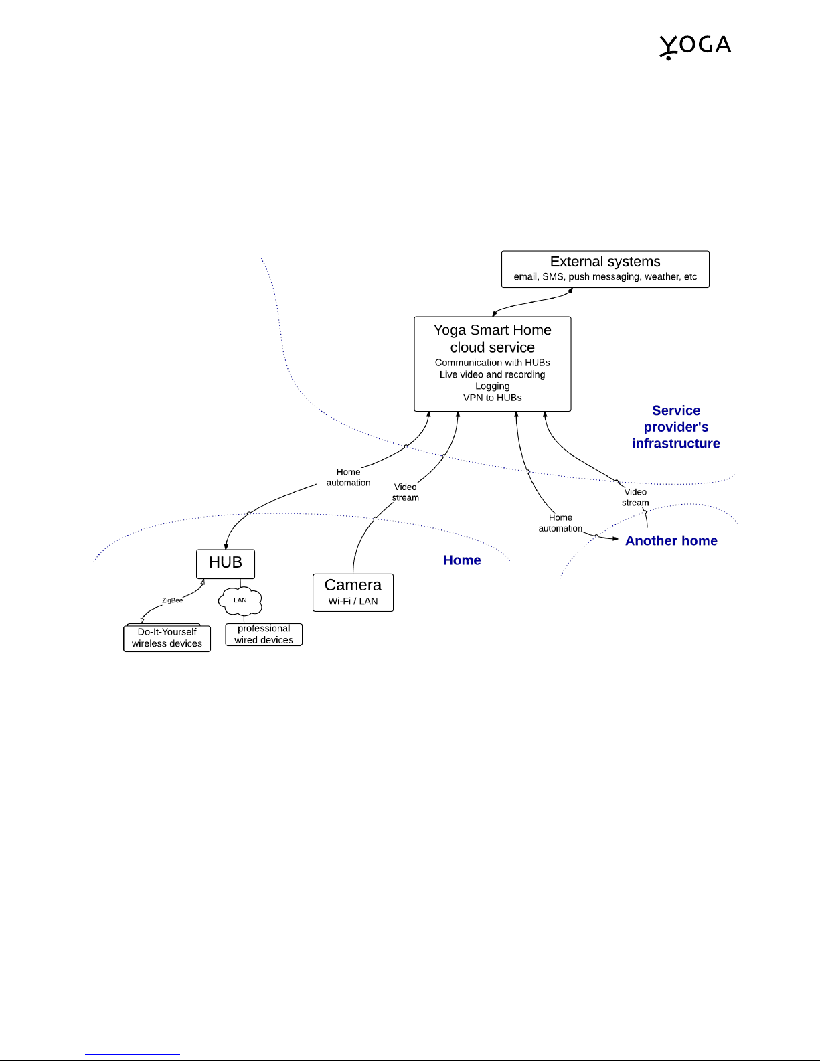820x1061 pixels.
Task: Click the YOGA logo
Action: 695,47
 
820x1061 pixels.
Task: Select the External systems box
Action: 605,269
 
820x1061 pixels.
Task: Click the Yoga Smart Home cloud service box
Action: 493,363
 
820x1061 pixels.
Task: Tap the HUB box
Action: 226,564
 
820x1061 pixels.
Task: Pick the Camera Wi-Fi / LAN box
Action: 353,592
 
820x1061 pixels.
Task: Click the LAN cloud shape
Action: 240,600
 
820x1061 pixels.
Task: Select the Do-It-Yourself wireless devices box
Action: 167,638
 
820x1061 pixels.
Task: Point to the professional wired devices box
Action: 264,634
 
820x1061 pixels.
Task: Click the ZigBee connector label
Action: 172,600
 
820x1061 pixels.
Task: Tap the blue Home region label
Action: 462,560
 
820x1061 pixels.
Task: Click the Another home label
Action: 671,540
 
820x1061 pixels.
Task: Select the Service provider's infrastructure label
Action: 676,427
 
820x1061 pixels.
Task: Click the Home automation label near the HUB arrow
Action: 349,477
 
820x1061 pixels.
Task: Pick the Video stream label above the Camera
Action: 406,492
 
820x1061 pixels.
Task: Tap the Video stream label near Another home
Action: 635,497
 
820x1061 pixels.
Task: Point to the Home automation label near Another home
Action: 560,523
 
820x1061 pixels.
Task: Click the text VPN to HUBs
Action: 493,398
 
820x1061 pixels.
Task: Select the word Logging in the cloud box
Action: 493,386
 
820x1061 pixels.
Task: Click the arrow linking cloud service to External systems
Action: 533,303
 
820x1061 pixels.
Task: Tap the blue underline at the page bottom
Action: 133,1054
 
